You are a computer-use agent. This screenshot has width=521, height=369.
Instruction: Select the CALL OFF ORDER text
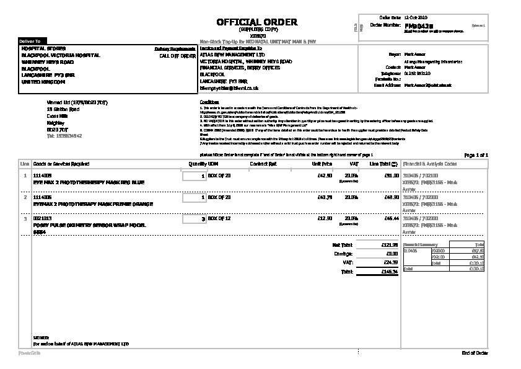pos(177,55)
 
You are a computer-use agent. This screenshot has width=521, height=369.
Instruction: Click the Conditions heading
pos(209,102)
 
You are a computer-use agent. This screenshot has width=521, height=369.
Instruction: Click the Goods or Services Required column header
pos(61,164)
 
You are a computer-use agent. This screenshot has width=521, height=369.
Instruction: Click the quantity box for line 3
pos(195,219)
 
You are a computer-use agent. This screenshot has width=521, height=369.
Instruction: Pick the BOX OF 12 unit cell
pos(219,219)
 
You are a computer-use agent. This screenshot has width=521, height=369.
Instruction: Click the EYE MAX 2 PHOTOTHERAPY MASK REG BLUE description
pos(88,182)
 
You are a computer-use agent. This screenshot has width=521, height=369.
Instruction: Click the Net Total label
pos(343,245)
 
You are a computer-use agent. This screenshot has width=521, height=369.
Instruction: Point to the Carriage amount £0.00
pos(391,254)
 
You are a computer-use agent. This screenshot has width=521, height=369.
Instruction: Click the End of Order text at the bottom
pos(475,353)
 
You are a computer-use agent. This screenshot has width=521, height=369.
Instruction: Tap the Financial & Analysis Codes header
pos(430,164)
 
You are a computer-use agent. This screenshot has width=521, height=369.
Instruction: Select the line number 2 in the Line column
pos(25,197)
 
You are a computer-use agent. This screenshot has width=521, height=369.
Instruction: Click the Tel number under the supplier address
pos(64,135)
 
